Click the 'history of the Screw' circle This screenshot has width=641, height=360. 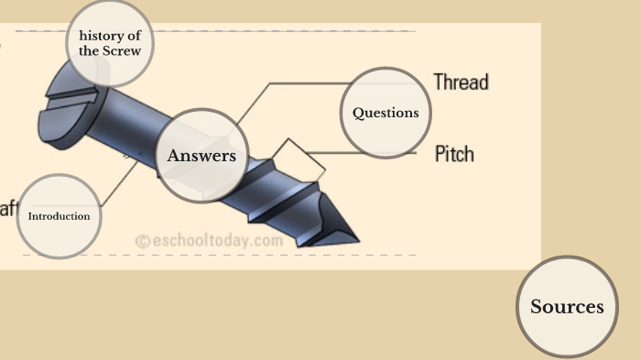[109, 43]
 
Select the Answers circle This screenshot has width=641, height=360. [201, 156]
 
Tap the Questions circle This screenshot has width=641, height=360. [386, 113]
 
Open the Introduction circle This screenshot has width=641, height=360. [59, 216]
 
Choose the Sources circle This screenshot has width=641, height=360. [567, 306]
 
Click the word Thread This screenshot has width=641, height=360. [461, 82]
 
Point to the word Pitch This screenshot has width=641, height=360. [454, 153]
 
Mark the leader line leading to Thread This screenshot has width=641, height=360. [302, 83]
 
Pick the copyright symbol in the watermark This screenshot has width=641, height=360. [142, 242]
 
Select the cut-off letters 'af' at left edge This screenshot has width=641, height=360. [7, 208]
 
